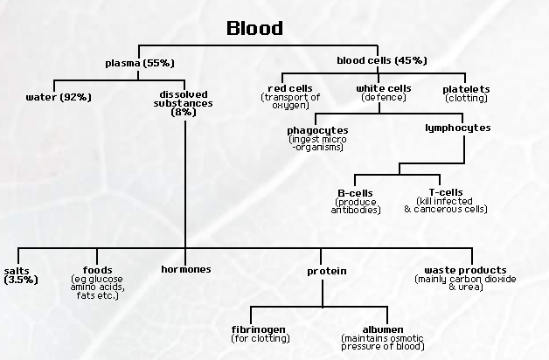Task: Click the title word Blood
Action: point(254,28)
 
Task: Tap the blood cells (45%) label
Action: point(381,60)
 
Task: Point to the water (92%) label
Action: point(59,95)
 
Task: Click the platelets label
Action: point(466,89)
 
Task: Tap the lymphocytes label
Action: point(457,128)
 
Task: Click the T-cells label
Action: point(446,191)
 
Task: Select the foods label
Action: point(97,270)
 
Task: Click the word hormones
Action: point(185,269)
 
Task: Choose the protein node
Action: point(326,271)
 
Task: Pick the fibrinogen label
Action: point(253,329)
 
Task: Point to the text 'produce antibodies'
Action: point(356,205)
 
